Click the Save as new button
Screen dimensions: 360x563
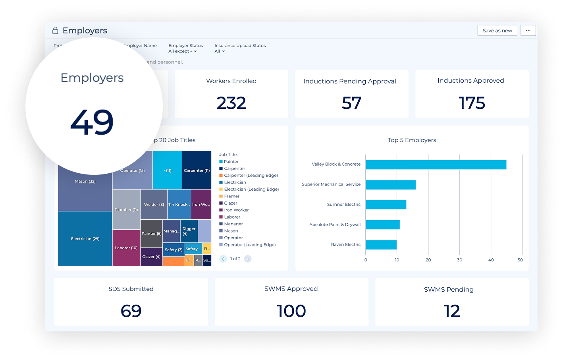[x=497, y=31]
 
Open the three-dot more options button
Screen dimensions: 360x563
[x=528, y=31]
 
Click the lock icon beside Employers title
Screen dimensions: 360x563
[x=55, y=31]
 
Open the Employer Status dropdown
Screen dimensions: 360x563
[x=183, y=51]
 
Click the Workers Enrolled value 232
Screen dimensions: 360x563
[x=231, y=103]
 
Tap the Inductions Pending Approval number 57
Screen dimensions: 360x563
[x=351, y=103]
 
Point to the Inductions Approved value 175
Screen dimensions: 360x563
[x=472, y=103]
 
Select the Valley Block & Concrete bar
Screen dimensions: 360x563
[x=436, y=165]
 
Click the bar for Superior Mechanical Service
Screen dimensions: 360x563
[x=390, y=185]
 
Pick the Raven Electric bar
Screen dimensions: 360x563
[x=381, y=245]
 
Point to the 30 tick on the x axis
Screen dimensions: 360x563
[x=459, y=260]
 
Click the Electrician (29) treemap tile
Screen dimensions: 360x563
[x=85, y=238]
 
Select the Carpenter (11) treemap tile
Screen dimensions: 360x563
[x=197, y=170]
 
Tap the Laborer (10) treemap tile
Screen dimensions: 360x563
[x=126, y=248]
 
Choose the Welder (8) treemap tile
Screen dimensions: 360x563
[x=154, y=204]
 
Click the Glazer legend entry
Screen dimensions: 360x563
[x=230, y=203]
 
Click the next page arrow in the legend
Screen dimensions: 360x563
[x=248, y=259]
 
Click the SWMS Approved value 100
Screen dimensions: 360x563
[x=291, y=311]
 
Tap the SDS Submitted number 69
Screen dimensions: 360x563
[x=131, y=311]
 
